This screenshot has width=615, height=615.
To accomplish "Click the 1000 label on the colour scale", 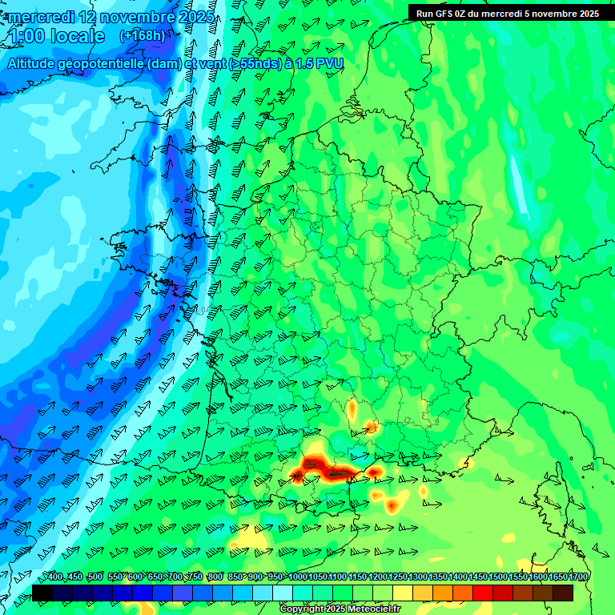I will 297,577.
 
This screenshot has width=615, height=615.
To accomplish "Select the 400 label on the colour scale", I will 54,577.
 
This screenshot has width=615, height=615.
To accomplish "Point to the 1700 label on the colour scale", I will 577,577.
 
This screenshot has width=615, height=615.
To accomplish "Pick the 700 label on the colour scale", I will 175,577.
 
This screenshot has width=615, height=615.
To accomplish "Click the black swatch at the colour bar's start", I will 42,593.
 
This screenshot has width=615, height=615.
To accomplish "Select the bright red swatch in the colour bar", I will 483,593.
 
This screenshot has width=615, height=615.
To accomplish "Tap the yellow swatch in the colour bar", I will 403,593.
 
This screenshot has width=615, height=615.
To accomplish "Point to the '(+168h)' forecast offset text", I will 143,35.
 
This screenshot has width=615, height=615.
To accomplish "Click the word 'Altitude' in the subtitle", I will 36,63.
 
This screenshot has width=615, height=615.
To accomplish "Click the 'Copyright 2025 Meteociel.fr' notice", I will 340,609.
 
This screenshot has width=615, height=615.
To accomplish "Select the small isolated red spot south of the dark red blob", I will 392,505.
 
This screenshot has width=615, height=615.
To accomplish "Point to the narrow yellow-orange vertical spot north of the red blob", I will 352,410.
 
